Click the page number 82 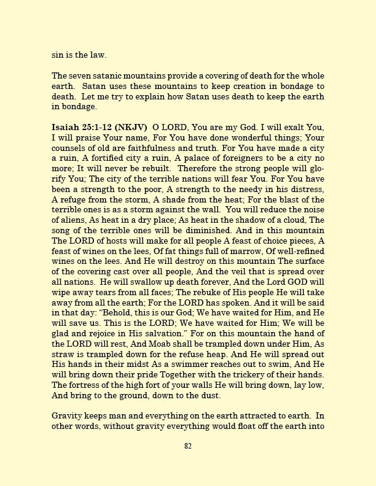click(x=188, y=446)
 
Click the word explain click(x=168, y=96)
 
